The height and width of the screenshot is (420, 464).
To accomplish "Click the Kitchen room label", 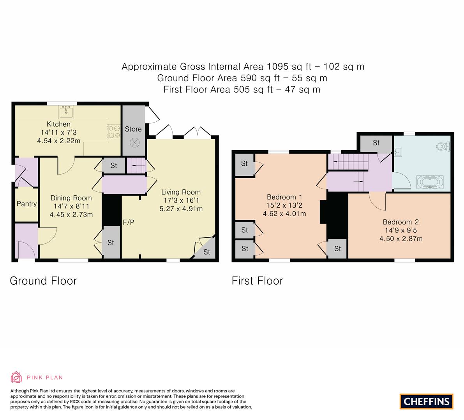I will [58, 124].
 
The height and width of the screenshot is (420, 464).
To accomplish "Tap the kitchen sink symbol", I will [67, 112].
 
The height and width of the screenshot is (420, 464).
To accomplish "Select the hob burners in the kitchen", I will [114, 131].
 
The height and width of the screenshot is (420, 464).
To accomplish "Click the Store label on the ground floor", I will [133, 129].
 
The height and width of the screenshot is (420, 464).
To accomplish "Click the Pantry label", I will [26, 204].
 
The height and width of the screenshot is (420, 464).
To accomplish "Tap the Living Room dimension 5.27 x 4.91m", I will [181, 208].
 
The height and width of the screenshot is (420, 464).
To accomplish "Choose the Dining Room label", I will [71, 198].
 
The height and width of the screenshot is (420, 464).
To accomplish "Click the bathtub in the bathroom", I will [430, 182].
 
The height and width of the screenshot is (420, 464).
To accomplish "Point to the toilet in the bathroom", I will [443, 147].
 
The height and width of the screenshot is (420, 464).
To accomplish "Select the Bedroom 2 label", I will [400, 222].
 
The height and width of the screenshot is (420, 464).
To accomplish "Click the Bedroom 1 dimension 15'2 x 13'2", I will [284, 205].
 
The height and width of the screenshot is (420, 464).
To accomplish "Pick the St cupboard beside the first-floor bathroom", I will [376, 143].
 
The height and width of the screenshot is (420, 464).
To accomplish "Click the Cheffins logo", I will [426, 401].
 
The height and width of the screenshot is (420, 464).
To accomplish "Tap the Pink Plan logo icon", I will [16, 377].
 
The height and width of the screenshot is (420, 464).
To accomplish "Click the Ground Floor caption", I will [43, 281].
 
